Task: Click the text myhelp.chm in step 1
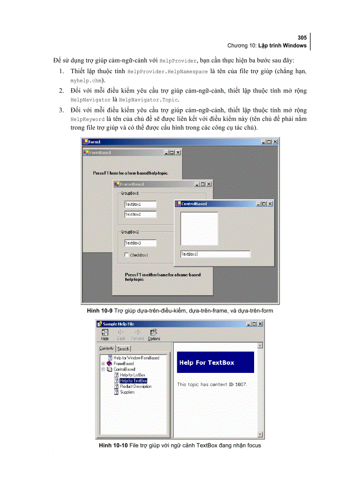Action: click(x=86, y=81)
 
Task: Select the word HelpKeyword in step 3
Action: click(x=87, y=119)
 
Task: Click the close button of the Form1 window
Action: click(x=275, y=142)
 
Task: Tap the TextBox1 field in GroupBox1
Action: click(x=140, y=205)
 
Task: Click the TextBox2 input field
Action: click(x=140, y=215)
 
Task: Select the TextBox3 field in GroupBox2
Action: click(x=140, y=243)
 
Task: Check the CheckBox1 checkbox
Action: click(x=127, y=255)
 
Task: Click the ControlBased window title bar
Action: click(x=221, y=204)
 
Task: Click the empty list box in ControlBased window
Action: click(x=199, y=229)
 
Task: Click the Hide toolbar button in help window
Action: click(x=105, y=335)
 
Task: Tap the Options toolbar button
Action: click(x=154, y=335)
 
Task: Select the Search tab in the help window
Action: click(x=123, y=349)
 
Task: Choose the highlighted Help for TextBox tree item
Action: click(x=133, y=380)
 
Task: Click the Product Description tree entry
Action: click(x=135, y=386)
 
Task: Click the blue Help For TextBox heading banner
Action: click(x=215, y=362)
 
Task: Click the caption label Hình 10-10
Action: click(x=113, y=446)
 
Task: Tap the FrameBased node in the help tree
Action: click(x=123, y=364)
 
